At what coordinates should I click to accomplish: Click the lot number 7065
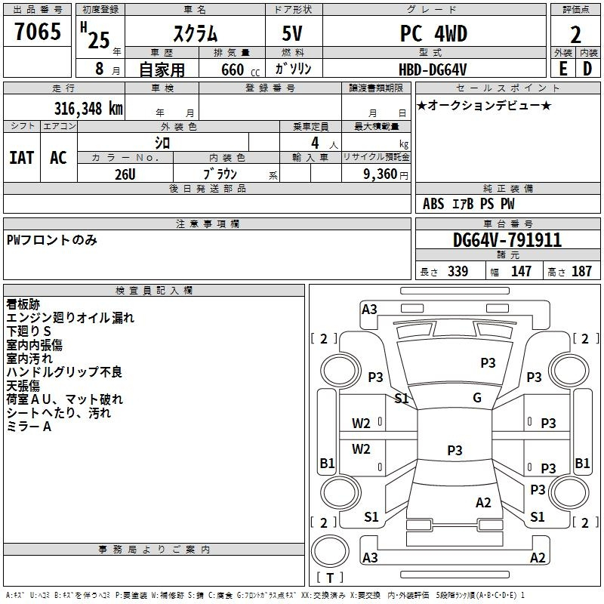pyautogui.click(x=38, y=31)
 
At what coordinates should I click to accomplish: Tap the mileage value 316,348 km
pyautogui.click(x=88, y=108)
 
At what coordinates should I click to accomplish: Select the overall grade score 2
pyautogui.click(x=575, y=35)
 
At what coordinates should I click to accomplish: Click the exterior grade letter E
pyautogui.click(x=563, y=69)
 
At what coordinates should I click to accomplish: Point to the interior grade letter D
pyautogui.click(x=587, y=69)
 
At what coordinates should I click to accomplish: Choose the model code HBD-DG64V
pyautogui.click(x=433, y=69)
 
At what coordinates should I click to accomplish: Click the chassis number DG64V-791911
pyautogui.click(x=507, y=240)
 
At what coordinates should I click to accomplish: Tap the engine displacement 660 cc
pyautogui.click(x=240, y=69)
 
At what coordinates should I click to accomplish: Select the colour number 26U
pyautogui.click(x=125, y=174)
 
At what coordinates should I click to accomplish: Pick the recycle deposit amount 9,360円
pyautogui.click(x=386, y=174)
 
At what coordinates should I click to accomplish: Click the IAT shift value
pyautogui.click(x=22, y=158)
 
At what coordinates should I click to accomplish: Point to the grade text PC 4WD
pyautogui.click(x=433, y=33)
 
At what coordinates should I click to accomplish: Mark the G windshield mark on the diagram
pyautogui.click(x=477, y=397)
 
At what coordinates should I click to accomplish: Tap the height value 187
pyautogui.click(x=581, y=271)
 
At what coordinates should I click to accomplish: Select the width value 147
pyautogui.click(x=521, y=271)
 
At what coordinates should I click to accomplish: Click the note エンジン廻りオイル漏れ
pyautogui.click(x=70, y=318)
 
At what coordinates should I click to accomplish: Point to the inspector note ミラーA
pyautogui.click(x=29, y=427)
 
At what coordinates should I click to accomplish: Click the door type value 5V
pyautogui.click(x=292, y=33)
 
